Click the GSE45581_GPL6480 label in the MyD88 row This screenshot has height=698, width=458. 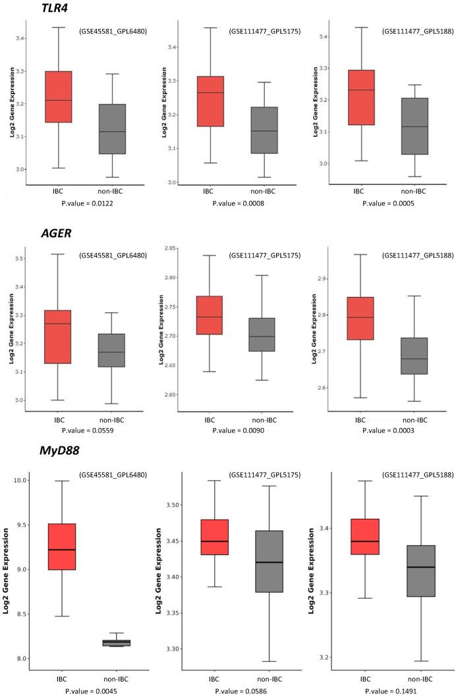click(x=113, y=474)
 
